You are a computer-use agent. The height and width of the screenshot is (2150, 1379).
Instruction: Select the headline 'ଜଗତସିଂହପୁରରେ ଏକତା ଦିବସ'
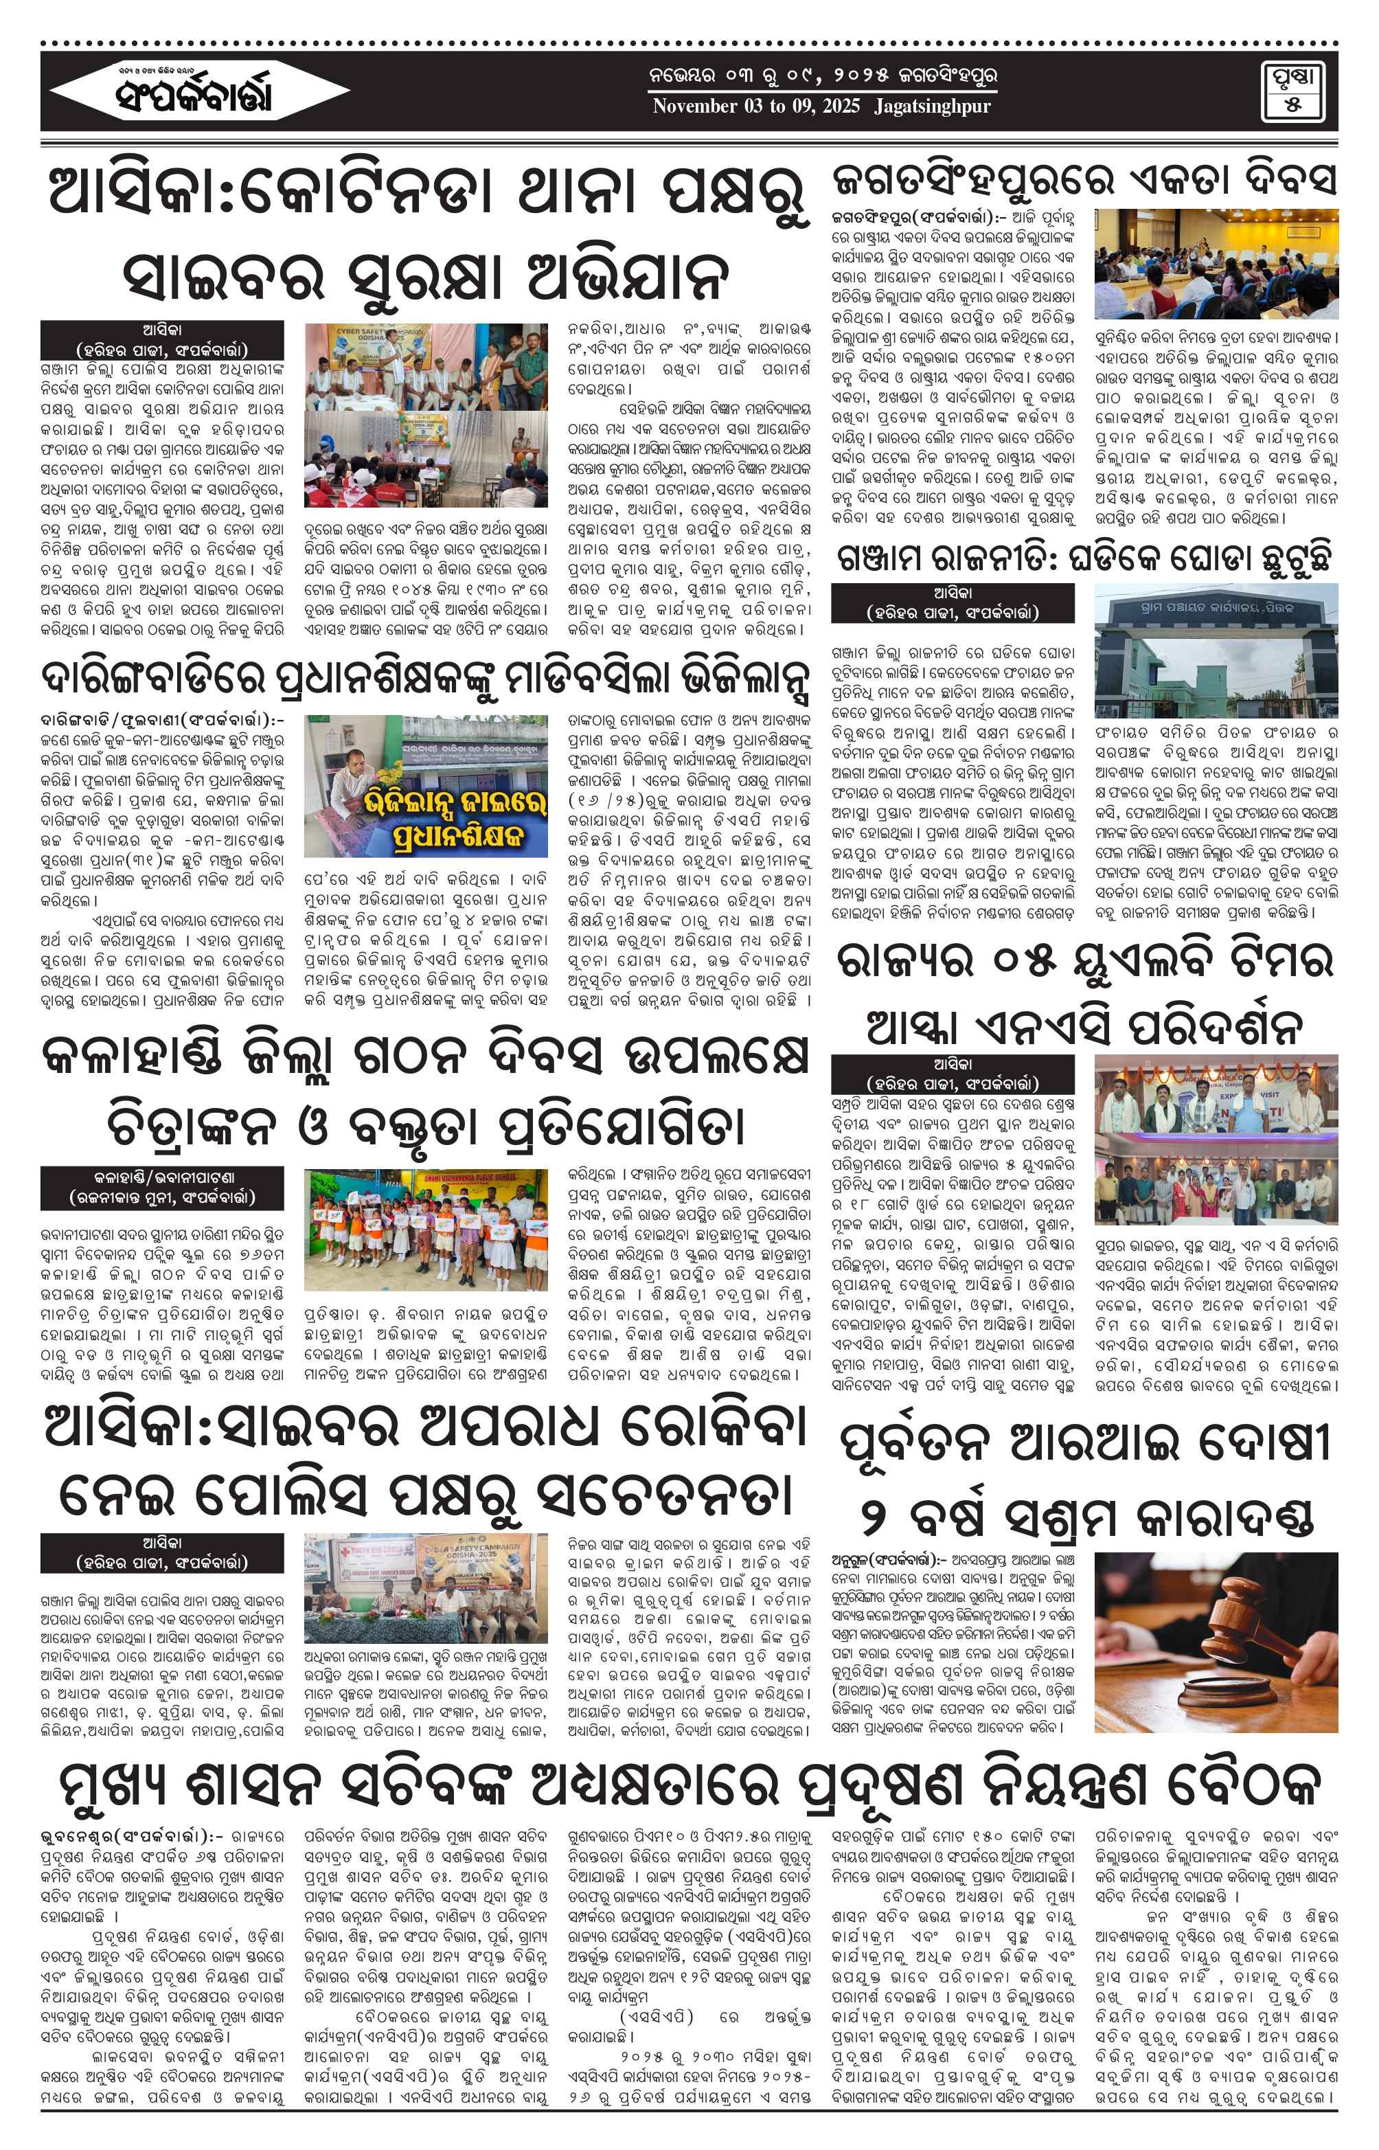(1084, 180)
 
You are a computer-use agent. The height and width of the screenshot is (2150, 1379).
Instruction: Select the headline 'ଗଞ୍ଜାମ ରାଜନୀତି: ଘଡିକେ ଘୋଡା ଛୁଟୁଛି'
(1084, 558)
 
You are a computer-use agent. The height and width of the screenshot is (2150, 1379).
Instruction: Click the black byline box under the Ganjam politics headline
(952, 602)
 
